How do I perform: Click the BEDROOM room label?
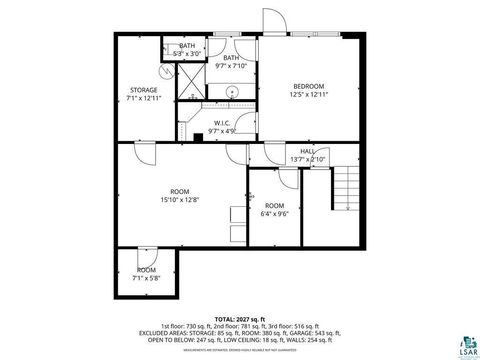pos(309,86)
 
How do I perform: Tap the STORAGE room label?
pos(143,90)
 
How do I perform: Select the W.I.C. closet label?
pos(223,123)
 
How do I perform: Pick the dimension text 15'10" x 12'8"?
pos(180,200)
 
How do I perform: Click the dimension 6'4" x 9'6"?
pos(274,213)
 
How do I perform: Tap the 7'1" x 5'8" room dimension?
pos(146,278)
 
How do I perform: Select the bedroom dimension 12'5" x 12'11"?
pos(309,94)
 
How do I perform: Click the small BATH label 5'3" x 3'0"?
pos(187,53)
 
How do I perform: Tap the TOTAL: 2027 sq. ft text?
pos(240,318)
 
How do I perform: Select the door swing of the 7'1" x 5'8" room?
pos(146,254)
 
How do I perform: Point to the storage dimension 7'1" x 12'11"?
pos(143,98)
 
